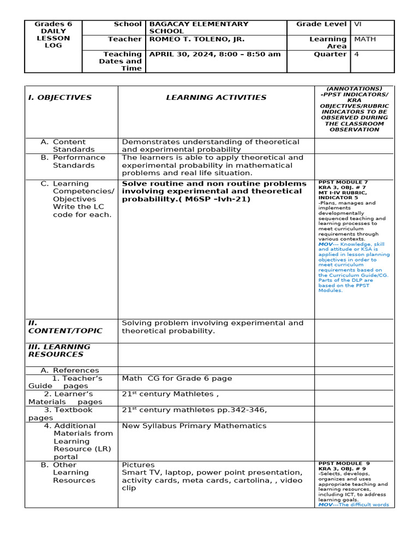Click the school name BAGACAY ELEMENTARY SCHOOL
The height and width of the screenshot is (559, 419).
click(199, 28)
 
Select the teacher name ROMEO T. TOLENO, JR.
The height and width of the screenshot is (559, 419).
click(197, 39)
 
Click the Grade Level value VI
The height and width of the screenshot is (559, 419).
click(358, 24)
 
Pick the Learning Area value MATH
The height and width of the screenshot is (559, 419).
click(365, 39)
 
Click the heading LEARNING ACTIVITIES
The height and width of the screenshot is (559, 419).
click(216, 98)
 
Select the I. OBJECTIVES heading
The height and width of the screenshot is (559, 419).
click(60, 98)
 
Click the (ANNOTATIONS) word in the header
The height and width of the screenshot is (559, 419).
click(354, 88)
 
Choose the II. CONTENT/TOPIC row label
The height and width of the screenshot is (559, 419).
click(65, 327)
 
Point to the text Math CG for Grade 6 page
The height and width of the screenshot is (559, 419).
click(177, 378)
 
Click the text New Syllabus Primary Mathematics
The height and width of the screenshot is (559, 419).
click(194, 426)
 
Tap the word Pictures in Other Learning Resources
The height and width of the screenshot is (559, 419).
click(138, 465)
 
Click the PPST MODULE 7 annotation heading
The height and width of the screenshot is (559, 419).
click(343, 182)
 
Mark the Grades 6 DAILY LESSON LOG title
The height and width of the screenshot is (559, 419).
click(53, 35)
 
